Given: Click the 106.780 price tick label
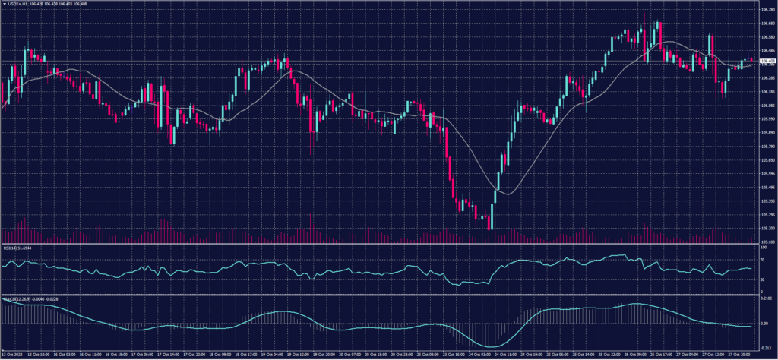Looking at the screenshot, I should (767, 9).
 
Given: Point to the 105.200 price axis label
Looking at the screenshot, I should (767, 229).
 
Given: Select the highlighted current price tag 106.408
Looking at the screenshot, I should (767, 61).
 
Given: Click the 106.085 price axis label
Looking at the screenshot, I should (767, 106).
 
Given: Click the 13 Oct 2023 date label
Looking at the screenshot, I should (11, 354).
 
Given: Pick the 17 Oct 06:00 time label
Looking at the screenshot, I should (144, 354).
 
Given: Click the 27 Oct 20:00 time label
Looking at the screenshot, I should (741, 354).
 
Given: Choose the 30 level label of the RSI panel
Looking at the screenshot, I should (762, 279).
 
